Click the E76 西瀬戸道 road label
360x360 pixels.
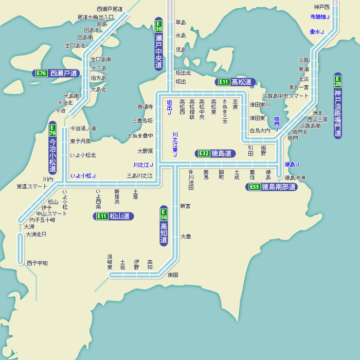pos(57,74)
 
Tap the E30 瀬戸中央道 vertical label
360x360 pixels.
pos(159,45)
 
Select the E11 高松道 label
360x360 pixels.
pos(236,82)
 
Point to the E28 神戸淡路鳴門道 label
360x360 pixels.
pos(338,105)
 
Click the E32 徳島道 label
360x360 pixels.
pos(215,153)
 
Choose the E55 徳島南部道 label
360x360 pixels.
pos(272,187)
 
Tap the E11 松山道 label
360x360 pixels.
pos(114,217)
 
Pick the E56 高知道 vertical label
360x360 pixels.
pos(164,226)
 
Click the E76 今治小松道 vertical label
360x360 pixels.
pos(52,149)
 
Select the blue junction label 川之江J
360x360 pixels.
pos(143,165)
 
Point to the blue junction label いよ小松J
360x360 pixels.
pos(83,176)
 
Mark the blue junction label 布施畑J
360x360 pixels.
pos(320,17)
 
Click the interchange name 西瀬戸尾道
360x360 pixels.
pos(110,9)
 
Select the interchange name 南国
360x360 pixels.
pos(173,275)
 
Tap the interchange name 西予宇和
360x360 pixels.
pos(37,263)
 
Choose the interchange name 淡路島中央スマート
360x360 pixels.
pos(285,96)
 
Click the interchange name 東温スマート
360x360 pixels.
pos(32,187)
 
